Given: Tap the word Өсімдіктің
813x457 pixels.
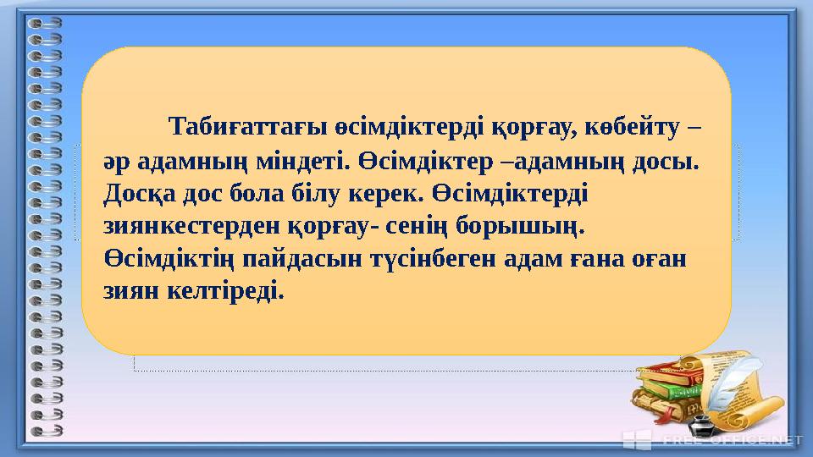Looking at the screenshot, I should point(169,259).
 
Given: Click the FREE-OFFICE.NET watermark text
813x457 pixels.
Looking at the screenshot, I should point(732,439).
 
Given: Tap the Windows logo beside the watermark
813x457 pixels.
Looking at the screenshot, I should point(636,438).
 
